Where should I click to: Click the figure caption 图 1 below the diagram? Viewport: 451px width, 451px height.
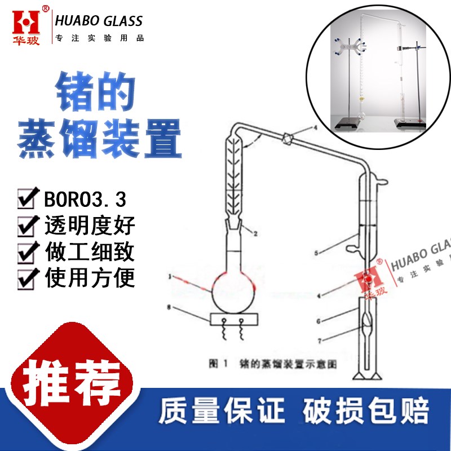[218, 364]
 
